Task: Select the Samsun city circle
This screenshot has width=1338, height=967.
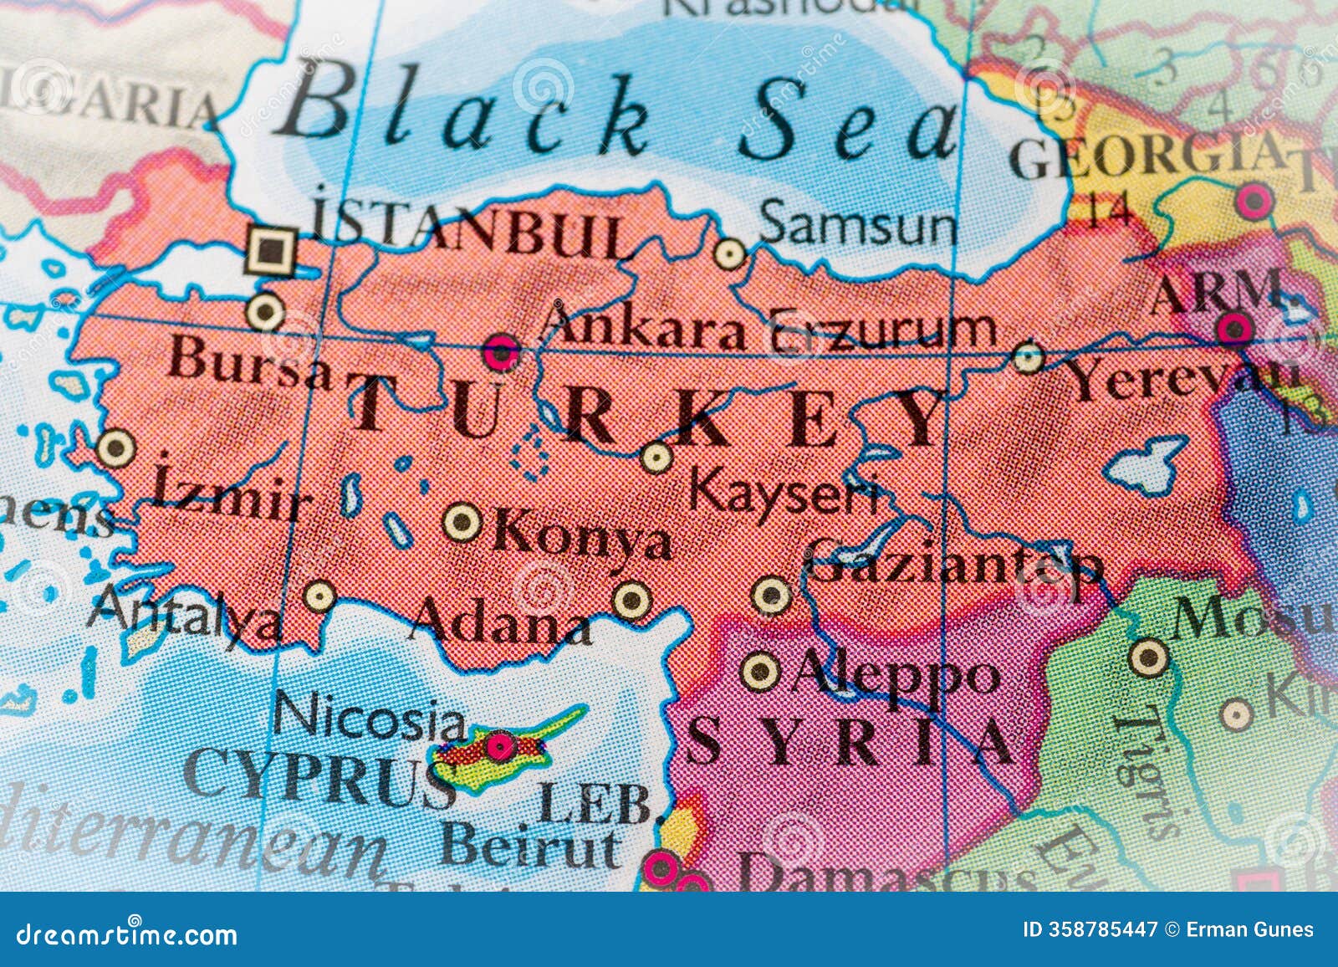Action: (730, 253)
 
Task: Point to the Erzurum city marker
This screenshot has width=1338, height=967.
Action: (1028, 357)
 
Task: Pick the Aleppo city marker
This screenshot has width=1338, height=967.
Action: (761, 669)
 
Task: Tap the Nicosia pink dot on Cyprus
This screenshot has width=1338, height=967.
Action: (501, 744)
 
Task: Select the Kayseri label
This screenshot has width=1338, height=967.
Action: (782, 494)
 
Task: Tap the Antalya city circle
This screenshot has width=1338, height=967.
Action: (319, 597)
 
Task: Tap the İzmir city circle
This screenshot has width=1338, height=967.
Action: (115, 448)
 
